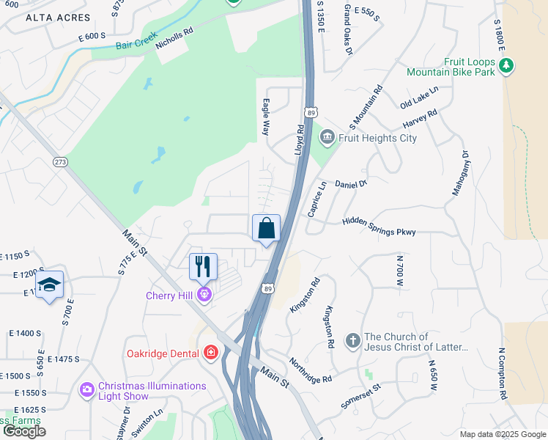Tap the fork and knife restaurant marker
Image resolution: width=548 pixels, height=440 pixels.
tap(203, 266)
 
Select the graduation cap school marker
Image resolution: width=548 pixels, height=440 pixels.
tap(49, 285)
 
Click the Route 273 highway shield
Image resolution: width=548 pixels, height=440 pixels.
tap(60, 161)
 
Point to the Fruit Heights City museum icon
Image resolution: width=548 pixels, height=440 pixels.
tap(327, 137)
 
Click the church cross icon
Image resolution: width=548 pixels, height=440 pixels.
tap(352, 341)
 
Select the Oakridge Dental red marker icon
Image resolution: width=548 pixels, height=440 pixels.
tap(211, 353)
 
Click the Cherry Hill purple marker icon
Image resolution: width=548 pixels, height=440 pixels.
tap(204, 295)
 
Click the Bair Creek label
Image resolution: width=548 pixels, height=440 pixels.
tap(136, 45)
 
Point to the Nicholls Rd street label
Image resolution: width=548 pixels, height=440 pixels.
tap(174, 32)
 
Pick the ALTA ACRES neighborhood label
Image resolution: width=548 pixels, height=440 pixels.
tap(58, 17)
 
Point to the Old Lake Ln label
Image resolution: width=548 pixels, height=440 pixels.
tap(419, 98)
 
